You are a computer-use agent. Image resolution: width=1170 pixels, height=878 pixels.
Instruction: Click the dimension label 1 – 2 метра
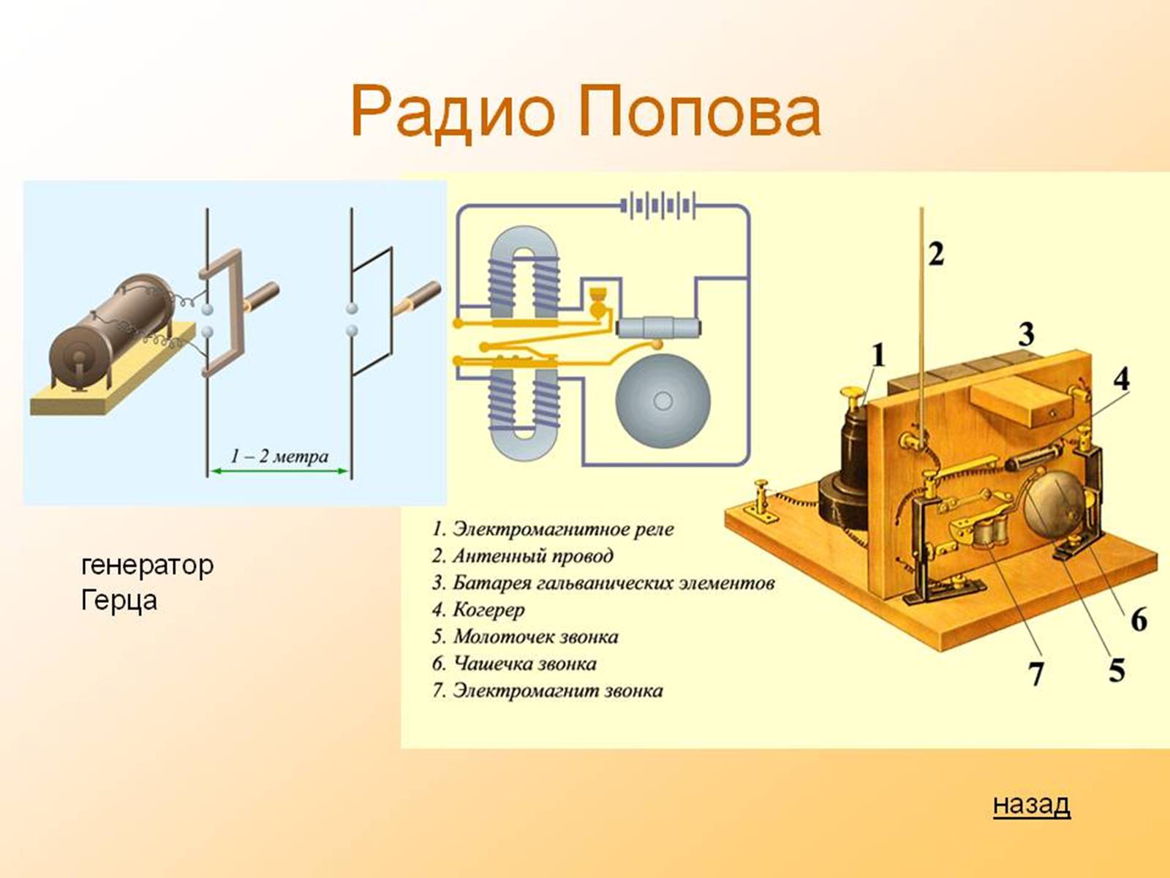[279, 457]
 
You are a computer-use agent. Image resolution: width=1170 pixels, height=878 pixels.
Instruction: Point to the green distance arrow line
[279, 470]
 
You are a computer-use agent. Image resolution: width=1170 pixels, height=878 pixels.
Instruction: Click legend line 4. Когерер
[479, 610]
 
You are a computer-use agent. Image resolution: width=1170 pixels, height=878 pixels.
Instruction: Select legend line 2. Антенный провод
[523, 556]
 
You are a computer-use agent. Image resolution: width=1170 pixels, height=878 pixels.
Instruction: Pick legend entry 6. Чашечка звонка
[514, 664]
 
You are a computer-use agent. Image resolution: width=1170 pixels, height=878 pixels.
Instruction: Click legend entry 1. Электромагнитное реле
[554, 529]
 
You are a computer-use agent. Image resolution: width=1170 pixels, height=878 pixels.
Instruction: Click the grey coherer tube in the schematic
[658, 327]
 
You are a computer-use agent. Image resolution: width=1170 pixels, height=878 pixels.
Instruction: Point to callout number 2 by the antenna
[936, 254]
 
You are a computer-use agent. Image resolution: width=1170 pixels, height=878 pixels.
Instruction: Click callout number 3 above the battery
[1026, 334]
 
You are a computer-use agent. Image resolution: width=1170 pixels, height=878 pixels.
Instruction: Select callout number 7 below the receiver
[1035, 673]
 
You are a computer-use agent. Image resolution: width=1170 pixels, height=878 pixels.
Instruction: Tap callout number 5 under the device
[1116, 670]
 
